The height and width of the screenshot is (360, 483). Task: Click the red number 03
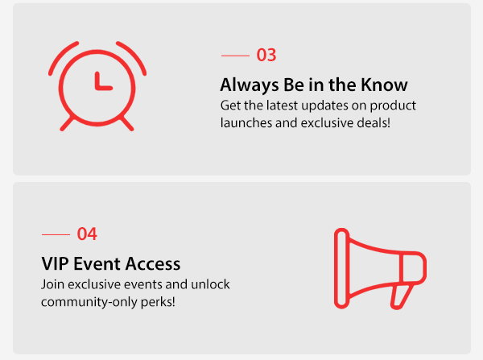pos(266,56)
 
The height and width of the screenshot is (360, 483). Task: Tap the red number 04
pos(87,234)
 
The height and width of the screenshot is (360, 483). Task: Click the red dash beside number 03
pos(235,56)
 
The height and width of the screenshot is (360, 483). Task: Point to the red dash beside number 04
pos(56,234)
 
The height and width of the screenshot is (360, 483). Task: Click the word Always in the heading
pos(250,85)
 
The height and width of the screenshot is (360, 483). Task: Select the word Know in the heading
pos(384,85)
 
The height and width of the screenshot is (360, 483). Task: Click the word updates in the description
pos(324,106)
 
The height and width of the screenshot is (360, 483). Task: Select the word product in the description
pos(393,106)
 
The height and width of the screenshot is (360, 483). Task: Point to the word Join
pos(52,284)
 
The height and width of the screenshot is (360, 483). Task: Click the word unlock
pos(210,284)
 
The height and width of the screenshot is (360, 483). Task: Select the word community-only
pos(89,302)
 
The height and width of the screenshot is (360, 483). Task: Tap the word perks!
pos(158,302)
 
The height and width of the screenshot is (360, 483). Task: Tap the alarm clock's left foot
pos(67,123)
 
